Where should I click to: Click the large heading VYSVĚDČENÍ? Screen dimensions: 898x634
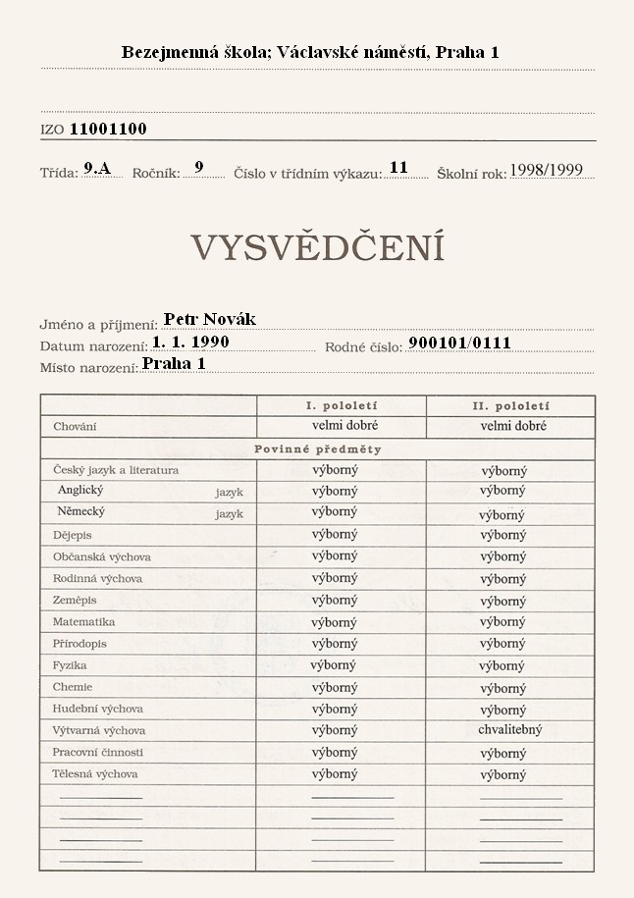317,248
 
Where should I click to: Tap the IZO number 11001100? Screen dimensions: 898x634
108,129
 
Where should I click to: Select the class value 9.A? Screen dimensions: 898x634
97,168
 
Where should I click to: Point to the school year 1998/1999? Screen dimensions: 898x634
546,170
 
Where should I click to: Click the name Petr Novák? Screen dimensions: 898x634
209,319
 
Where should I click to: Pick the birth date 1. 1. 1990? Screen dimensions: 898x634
190,342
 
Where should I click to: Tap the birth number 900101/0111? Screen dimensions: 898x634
459,343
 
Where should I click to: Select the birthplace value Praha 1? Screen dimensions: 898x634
174,363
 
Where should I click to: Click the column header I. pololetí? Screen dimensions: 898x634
342,405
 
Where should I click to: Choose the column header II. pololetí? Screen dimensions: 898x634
510,405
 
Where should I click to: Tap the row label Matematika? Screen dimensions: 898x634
83,622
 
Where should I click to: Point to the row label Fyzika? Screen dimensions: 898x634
70,665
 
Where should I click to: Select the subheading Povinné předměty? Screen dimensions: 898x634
317,449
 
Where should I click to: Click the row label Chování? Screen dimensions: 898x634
75,427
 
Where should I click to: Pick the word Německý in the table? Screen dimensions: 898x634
81,512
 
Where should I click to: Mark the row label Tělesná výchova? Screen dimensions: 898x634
94,774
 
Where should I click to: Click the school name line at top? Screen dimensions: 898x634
310,52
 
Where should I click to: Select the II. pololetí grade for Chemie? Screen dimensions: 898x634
502,687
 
